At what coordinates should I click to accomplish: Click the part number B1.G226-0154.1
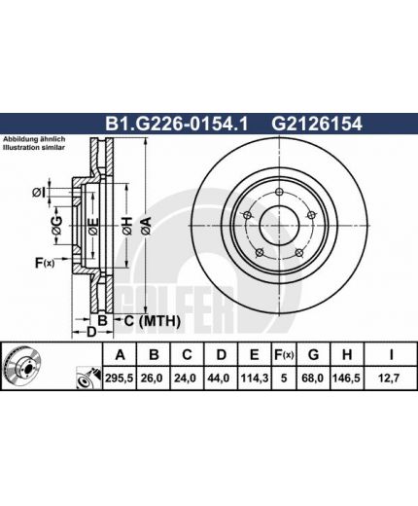click(x=176, y=124)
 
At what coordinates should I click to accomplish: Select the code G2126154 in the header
click(x=317, y=124)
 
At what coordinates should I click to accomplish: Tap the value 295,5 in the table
click(x=120, y=379)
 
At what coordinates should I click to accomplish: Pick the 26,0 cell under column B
click(x=152, y=379)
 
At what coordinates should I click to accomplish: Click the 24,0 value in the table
click(x=186, y=379)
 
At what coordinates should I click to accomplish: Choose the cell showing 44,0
click(x=219, y=379)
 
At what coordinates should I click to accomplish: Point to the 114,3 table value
click(x=254, y=379)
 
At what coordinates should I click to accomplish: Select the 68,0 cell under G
click(x=312, y=379)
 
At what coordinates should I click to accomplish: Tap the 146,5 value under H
click(x=346, y=379)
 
